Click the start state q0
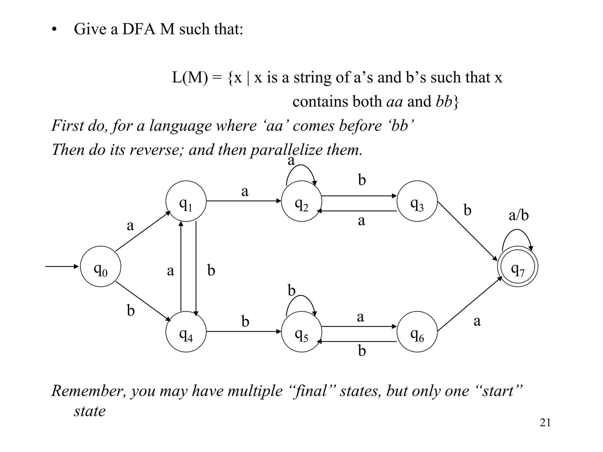pyautogui.click(x=100, y=266)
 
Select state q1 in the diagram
pyautogui.click(x=186, y=201)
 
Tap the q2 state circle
pyautogui.click(x=301, y=201)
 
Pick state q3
pyautogui.click(x=417, y=201)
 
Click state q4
pyautogui.click(x=186, y=332)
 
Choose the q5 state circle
pyautogui.click(x=301, y=332)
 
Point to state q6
pyautogui.click(x=417, y=332)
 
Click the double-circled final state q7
pyautogui.click(x=518, y=266)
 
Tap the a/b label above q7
pyautogui.click(x=518, y=215)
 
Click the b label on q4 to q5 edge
pyautogui.click(x=245, y=321)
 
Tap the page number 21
pyautogui.click(x=545, y=423)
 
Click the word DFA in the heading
pyautogui.click(x=139, y=29)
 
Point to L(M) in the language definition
pyautogui.click(x=190, y=77)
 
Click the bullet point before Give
pyautogui.click(x=54, y=30)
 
